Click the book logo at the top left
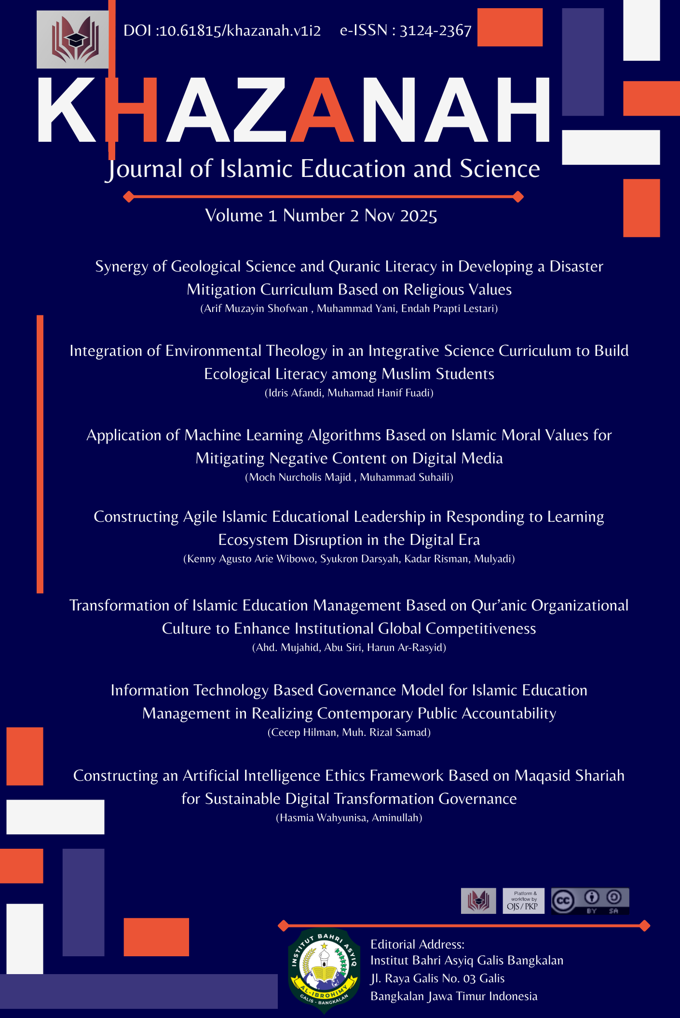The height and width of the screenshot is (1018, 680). tap(73, 40)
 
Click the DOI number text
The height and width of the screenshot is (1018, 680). tap(222, 31)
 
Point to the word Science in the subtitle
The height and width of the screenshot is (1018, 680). tap(500, 169)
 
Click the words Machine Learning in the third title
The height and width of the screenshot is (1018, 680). tap(244, 435)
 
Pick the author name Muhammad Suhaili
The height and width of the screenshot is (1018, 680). tap(405, 477)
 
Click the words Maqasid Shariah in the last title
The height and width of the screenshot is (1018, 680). tap(569, 776)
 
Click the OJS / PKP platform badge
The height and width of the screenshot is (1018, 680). tap(523, 901)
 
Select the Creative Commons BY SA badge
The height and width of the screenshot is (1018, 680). tap(590, 901)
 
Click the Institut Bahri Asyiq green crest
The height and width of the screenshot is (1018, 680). tap(324, 970)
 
